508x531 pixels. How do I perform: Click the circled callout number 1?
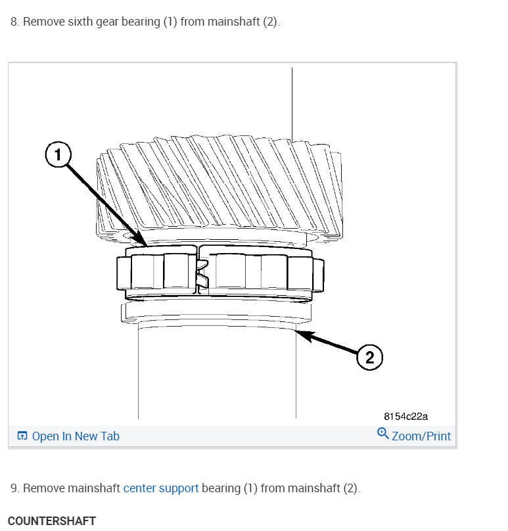click(58, 156)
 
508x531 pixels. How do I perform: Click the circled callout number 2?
click(369, 358)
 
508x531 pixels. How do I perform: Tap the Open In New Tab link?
click(76, 436)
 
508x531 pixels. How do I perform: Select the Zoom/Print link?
click(421, 436)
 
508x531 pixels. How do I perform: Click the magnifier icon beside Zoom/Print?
click(383, 434)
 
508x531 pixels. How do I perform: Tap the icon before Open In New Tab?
click(22, 436)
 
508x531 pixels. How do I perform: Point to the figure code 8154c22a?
click(406, 417)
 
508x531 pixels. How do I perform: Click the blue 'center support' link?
click(161, 488)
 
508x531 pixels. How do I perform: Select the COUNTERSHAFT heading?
click(52, 521)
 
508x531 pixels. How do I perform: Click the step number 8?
click(14, 22)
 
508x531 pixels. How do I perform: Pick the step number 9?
click(14, 488)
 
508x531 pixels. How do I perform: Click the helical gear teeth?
click(217, 184)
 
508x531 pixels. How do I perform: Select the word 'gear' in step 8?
click(110, 22)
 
